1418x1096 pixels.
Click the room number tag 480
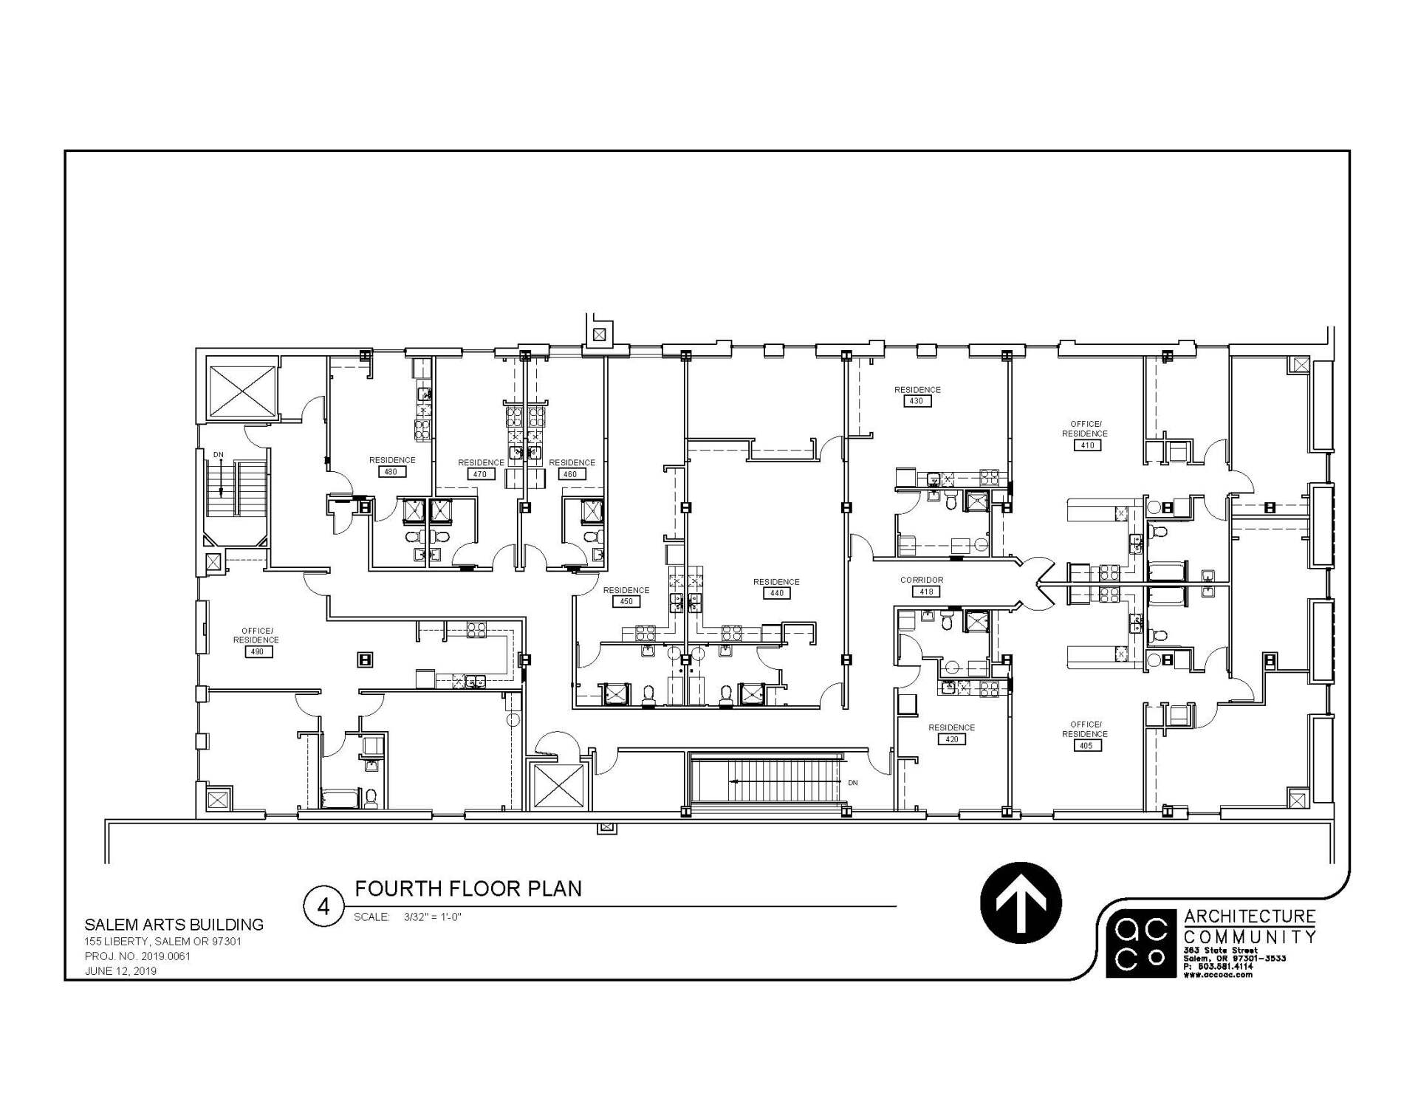point(391,471)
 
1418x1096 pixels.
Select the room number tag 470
point(481,474)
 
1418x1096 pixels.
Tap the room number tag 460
point(571,474)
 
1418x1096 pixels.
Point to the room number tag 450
point(626,601)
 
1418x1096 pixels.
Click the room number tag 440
point(776,593)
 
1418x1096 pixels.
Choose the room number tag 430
point(917,401)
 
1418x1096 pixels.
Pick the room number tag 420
point(951,739)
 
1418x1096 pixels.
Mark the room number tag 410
point(1087,445)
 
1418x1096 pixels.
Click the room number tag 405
point(1085,745)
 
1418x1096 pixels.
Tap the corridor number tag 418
point(922,592)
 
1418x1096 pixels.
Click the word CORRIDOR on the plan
point(922,580)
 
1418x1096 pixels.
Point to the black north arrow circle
point(1021,903)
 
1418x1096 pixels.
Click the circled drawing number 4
point(323,906)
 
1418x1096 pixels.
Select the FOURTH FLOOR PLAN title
point(468,888)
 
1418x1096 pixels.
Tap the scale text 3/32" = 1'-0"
point(432,917)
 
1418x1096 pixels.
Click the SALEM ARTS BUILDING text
point(174,925)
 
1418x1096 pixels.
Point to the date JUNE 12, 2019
point(120,971)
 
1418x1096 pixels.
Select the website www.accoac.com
point(1219,975)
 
